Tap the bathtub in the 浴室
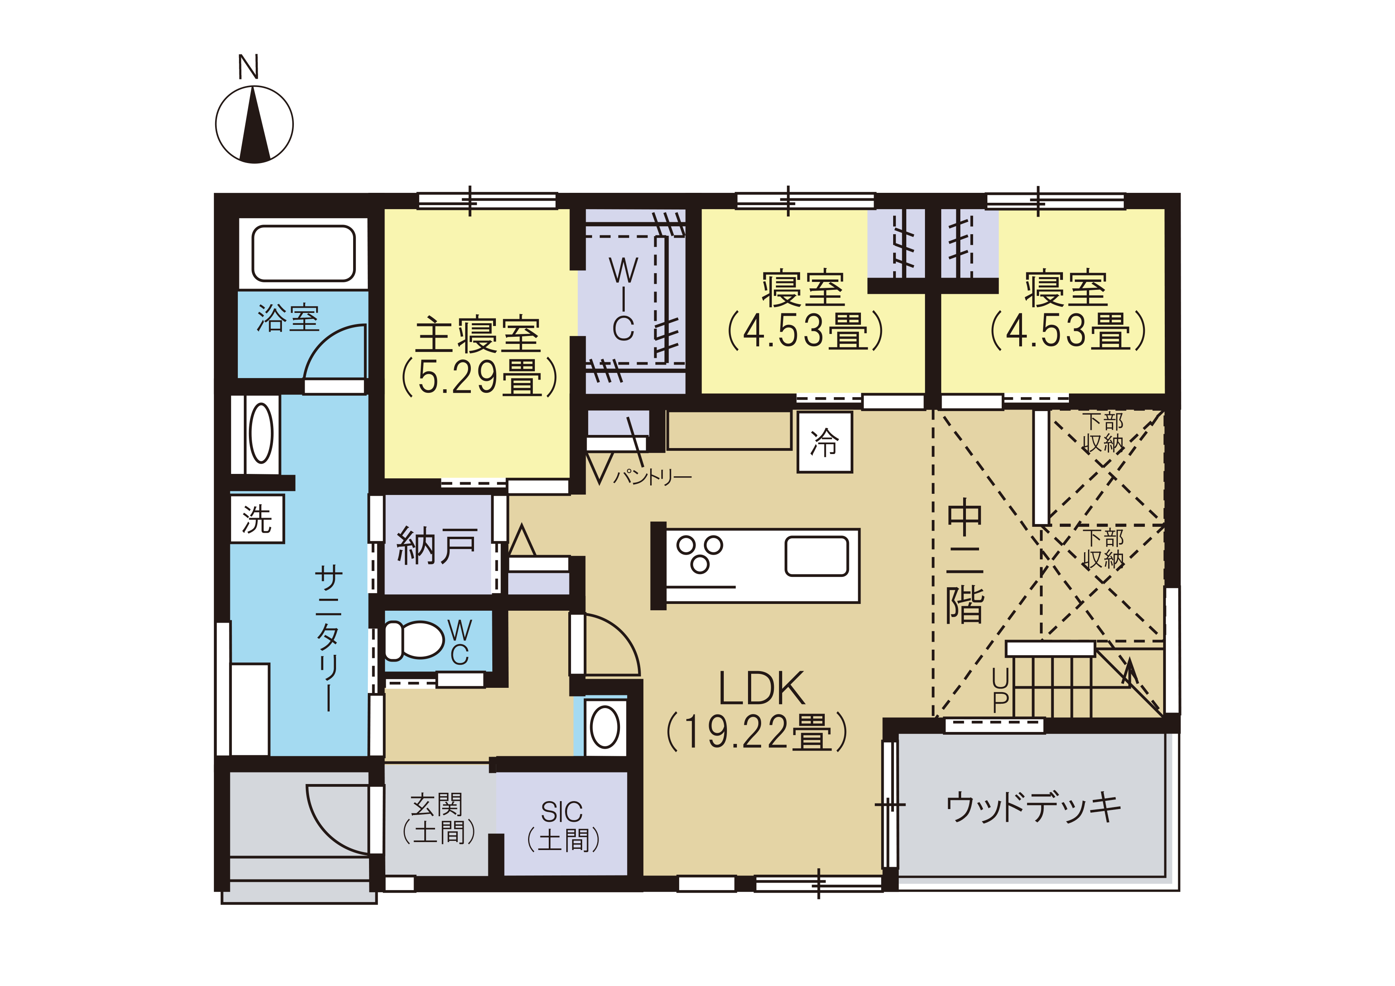(x=303, y=254)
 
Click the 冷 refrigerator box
(x=824, y=442)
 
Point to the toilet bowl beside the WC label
(x=413, y=641)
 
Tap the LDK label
(x=762, y=688)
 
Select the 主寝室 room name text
(x=478, y=335)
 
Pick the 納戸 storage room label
(x=436, y=545)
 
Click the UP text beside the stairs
(x=1000, y=690)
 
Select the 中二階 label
(x=964, y=561)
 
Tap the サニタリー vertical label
(x=329, y=638)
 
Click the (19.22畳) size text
(x=757, y=732)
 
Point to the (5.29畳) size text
(x=479, y=377)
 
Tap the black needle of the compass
(x=255, y=124)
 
